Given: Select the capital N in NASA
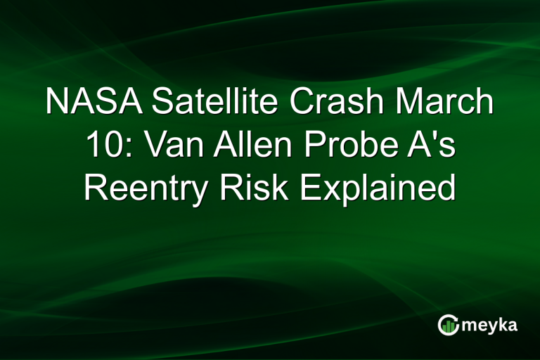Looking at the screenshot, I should pos(57,103).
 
